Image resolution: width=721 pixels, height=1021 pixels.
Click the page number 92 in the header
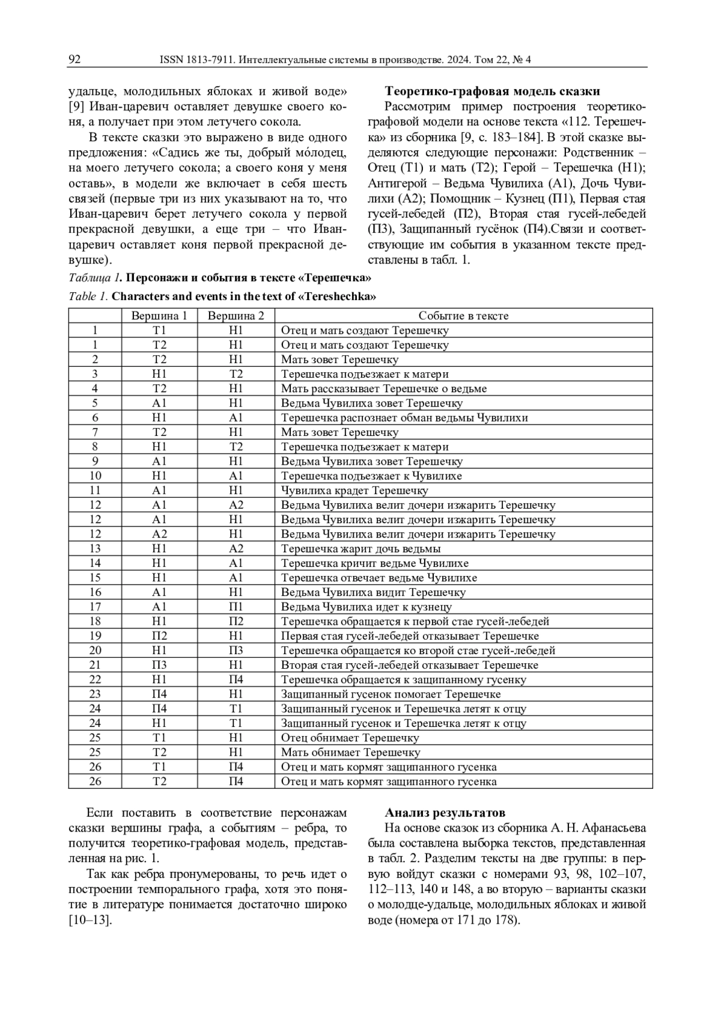tap(75, 60)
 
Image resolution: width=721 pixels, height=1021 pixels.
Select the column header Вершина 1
tap(159, 316)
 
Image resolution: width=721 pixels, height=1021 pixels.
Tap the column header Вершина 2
tap(236, 316)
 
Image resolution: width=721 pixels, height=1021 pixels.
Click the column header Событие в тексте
tap(463, 316)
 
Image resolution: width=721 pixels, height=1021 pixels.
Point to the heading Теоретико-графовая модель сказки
tap(492, 91)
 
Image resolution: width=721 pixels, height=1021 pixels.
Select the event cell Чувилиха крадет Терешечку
tap(354, 491)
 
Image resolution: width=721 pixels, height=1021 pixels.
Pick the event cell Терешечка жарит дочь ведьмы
tap(361, 549)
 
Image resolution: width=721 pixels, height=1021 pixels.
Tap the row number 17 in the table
tap(95, 607)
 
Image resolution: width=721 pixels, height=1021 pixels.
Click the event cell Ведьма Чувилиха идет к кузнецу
tap(366, 607)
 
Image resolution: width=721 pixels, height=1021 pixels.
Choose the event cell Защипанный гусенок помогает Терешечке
tap(391, 694)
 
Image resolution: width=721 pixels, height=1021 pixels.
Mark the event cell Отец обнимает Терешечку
tap(350, 738)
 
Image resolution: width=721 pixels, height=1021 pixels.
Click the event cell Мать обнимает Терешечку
tap(350, 752)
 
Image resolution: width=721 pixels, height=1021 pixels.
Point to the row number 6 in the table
tap(95, 418)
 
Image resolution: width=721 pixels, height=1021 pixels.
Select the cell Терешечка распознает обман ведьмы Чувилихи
tap(404, 418)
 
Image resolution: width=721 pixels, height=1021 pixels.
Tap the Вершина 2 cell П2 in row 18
tap(236, 622)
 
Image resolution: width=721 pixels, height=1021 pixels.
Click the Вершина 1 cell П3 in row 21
tap(159, 665)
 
